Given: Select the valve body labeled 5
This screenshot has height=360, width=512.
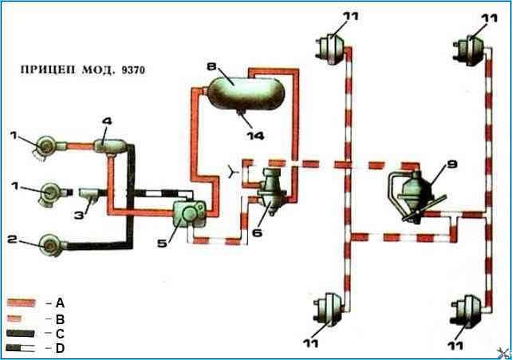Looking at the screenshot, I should (x=194, y=212).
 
